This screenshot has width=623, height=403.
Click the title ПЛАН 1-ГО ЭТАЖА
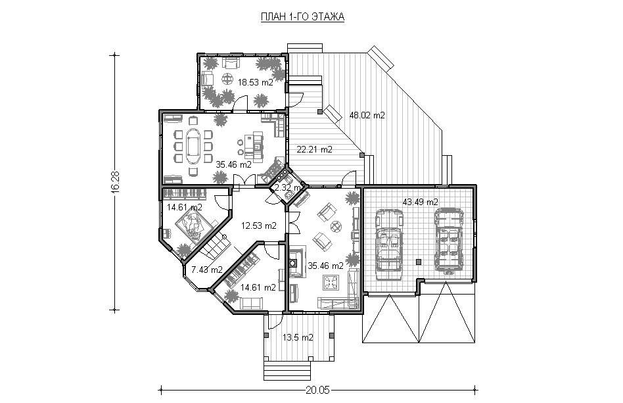coord(302,16)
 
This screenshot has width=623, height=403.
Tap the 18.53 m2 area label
coord(256,83)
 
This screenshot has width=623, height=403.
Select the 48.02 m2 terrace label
coord(367,115)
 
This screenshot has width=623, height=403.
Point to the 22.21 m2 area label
coord(314,150)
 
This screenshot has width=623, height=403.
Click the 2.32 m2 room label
coord(288,187)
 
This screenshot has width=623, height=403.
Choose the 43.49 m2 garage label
coord(421,202)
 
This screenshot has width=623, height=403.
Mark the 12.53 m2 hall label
coord(259,225)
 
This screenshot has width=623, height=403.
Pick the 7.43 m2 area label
coord(206,270)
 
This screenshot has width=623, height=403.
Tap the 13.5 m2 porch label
coord(298,337)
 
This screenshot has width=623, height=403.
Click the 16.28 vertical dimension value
coord(115,182)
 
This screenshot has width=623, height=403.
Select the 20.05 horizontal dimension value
coord(318,390)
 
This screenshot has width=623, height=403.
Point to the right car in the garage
coord(449,241)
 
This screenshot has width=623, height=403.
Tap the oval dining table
coord(193,145)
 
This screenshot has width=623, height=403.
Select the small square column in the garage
coord(418,262)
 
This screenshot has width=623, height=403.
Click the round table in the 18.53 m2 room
coord(227,79)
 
